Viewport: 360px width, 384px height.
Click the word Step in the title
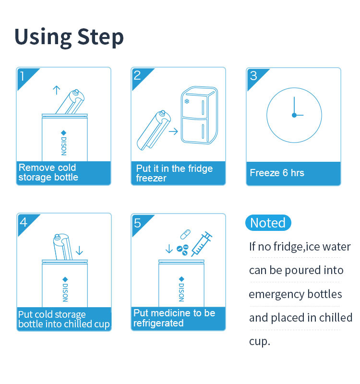(100, 37)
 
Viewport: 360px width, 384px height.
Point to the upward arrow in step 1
(57, 90)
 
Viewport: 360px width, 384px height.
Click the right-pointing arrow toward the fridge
(173, 132)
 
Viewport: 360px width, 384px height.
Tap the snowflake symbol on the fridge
(187, 101)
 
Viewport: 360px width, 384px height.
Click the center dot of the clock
(294, 115)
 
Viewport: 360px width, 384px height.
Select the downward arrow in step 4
(79, 251)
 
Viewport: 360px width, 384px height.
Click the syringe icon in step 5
(202, 244)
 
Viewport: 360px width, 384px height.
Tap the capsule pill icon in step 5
(185, 234)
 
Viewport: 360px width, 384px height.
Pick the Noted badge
(268, 223)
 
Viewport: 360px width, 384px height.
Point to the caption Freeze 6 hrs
(277, 173)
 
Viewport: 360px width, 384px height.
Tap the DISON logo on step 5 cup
(181, 289)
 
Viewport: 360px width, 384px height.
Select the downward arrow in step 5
(169, 249)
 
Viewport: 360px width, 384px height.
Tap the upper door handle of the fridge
(203, 108)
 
